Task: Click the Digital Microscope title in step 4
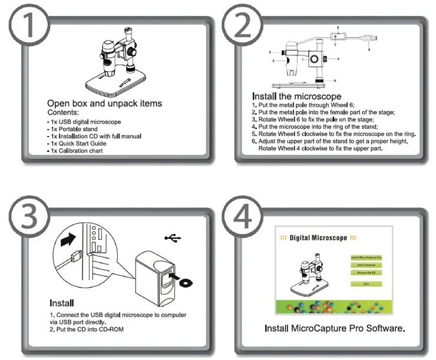318,238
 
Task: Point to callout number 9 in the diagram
369,50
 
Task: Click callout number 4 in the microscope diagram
338,59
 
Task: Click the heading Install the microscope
296,96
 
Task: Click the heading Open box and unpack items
104,103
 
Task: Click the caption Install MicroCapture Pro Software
335,327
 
